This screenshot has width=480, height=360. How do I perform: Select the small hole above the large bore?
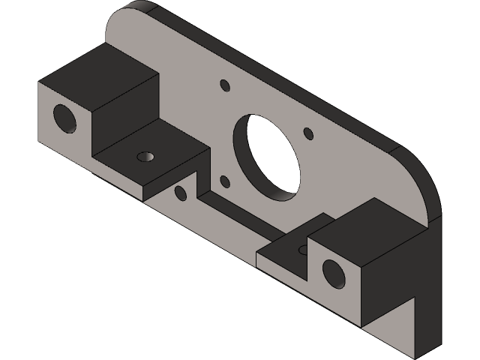[223, 85]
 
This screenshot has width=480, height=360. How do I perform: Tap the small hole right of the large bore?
[307, 133]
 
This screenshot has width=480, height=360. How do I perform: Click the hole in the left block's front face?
[64, 118]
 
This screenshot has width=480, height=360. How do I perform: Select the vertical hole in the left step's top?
[145, 157]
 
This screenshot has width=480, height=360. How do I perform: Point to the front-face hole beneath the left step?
[180, 193]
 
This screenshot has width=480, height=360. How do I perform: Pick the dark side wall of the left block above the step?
[124, 112]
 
